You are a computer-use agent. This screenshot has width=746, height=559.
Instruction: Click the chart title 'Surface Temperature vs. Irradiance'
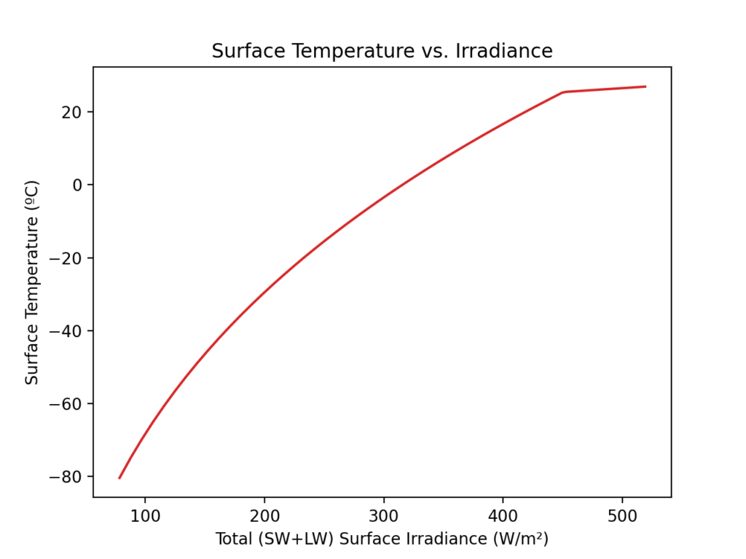pos(382,52)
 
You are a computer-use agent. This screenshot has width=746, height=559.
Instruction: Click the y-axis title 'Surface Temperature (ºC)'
pos(32,282)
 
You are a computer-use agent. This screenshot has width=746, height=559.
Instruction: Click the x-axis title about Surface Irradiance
pos(382,539)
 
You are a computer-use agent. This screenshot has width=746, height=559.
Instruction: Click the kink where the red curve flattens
pos(563,92)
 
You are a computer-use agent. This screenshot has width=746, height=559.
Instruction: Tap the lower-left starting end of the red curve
pos(119,478)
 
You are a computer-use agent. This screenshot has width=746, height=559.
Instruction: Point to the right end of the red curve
pos(645,87)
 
